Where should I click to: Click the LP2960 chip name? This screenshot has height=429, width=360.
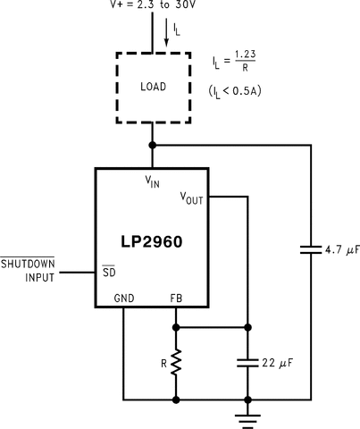pyautogui.click(x=153, y=241)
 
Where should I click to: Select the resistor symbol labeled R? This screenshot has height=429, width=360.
pyautogui.click(x=176, y=362)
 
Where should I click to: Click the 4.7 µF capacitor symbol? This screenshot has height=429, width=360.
pyautogui.click(x=310, y=251)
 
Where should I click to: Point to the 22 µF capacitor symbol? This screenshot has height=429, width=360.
pyautogui.click(x=247, y=363)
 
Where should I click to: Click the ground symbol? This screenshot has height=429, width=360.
pyautogui.click(x=247, y=414)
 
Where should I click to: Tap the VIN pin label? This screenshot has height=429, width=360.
pyautogui.click(x=154, y=181)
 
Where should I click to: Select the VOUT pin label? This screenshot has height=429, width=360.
pyautogui.click(x=192, y=198)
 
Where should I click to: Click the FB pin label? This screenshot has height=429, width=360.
pyautogui.click(x=176, y=299)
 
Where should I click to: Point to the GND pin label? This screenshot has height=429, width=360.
pyautogui.click(x=124, y=299)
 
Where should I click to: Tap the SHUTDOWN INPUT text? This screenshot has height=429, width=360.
pyautogui.click(x=28, y=271)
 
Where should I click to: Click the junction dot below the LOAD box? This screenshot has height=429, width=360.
pyautogui.click(x=153, y=144)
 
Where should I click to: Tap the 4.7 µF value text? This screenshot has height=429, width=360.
pyautogui.click(x=339, y=251)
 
